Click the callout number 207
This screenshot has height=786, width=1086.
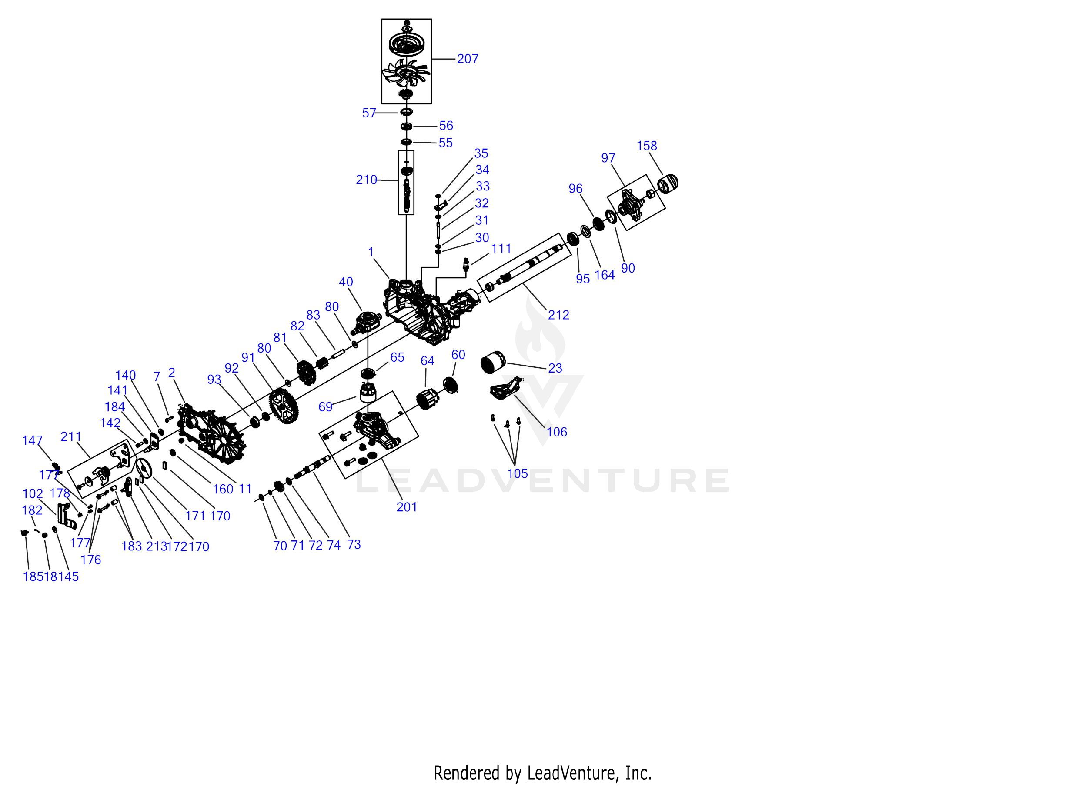tap(468, 59)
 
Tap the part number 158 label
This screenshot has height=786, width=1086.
tap(646, 146)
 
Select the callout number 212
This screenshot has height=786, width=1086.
tap(558, 315)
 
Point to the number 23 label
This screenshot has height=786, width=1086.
tap(555, 368)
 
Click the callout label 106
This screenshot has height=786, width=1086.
tap(556, 432)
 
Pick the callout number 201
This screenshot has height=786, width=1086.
tap(407, 507)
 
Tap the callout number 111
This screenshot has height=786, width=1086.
tap(501, 249)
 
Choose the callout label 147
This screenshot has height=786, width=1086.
tap(32, 440)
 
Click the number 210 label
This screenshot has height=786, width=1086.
tap(366, 180)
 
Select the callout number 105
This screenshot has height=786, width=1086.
tap(517, 473)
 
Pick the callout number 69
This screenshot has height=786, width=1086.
tap(325, 407)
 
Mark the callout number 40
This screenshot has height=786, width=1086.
tap(346, 282)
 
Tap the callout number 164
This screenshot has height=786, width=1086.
tap(604, 275)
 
